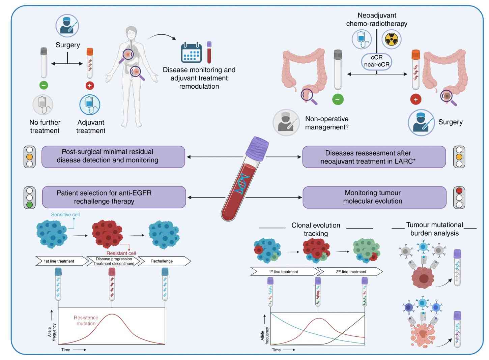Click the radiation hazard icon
point(391,39)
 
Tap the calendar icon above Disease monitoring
point(191,53)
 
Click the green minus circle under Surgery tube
point(44,85)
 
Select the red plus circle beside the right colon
point(415,99)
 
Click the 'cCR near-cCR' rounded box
point(376,61)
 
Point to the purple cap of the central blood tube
point(257,148)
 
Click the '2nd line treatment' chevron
point(351,272)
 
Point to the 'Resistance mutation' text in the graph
point(86,321)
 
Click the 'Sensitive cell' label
point(65,214)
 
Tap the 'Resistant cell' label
point(121,253)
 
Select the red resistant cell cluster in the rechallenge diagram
point(107,234)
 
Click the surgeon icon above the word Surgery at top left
point(67,26)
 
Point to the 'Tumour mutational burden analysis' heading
point(434,229)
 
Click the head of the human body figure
point(131,33)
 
